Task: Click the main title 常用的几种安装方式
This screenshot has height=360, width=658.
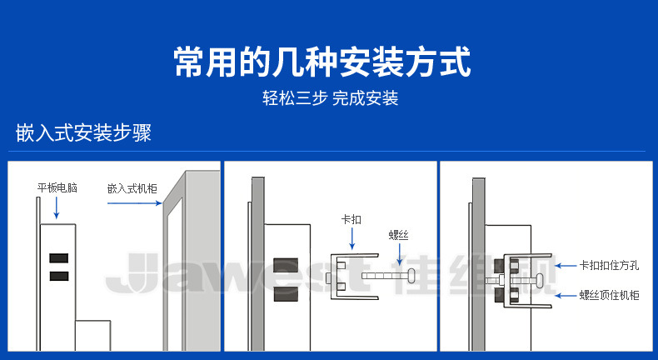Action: click(x=322, y=62)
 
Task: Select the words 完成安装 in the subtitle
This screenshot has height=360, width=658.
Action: click(x=366, y=98)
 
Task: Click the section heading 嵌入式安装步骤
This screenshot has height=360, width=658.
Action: click(x=83, y=133)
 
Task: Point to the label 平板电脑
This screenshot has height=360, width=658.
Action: click(x=57, y=188)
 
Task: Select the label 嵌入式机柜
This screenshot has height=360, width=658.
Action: click(x=132, y=188)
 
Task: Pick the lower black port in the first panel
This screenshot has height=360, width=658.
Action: click(x=58, y=276)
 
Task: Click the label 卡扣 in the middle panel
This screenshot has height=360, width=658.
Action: click(x=351, y=219)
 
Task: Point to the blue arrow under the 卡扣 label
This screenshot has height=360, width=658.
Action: click(x=351, y=238)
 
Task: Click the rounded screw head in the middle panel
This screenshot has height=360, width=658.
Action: click(x=411, y=275)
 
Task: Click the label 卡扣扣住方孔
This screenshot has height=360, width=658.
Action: click(x=609, y=266)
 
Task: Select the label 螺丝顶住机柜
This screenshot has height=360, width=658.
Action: click(x=609, y=294)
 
